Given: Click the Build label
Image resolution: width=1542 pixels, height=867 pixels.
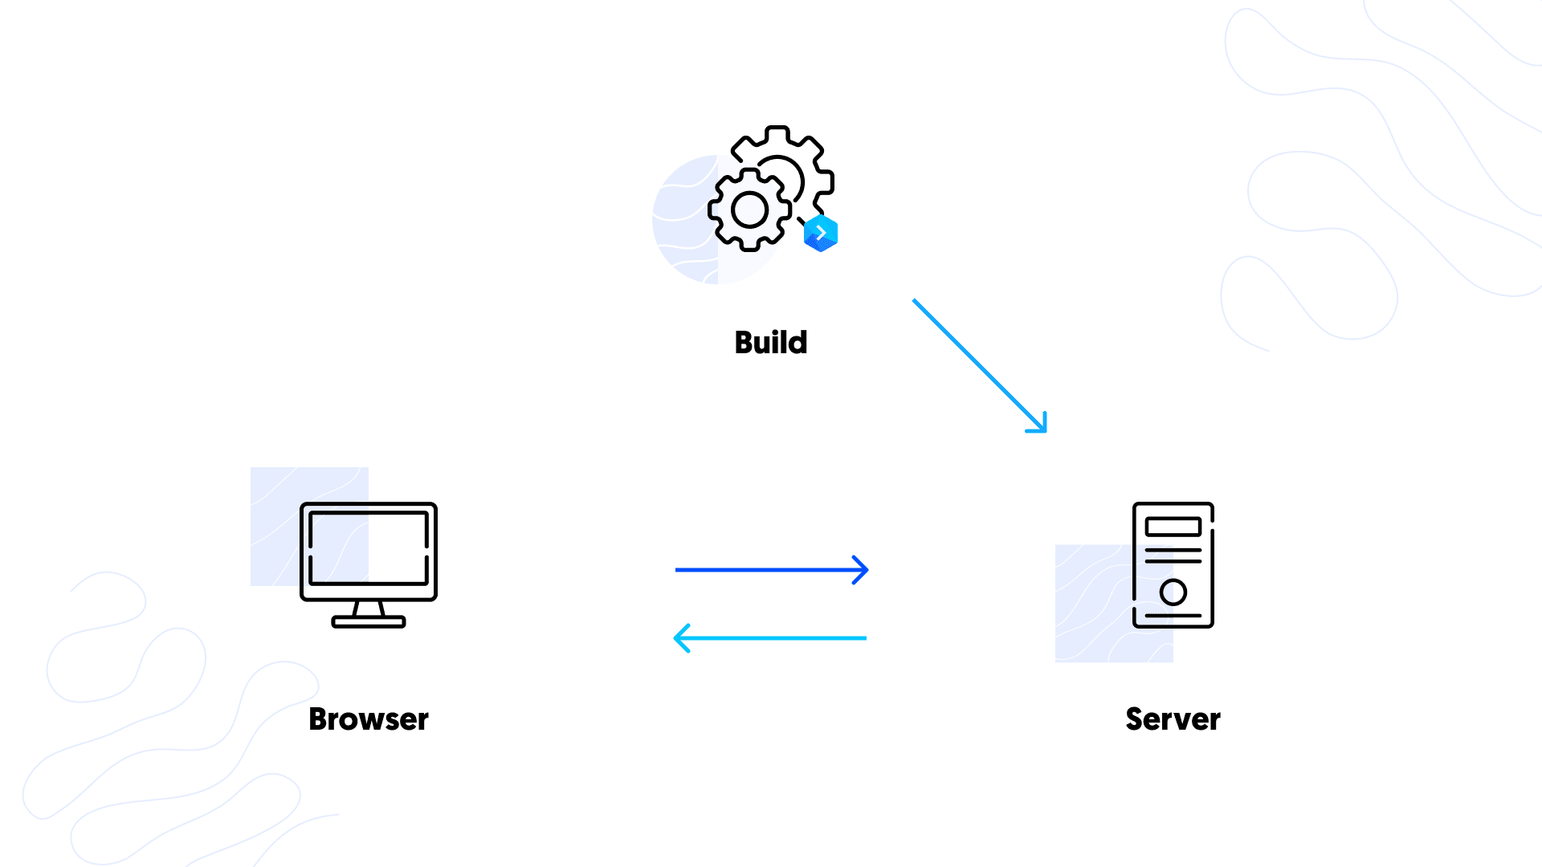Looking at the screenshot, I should click(x=770, y=343).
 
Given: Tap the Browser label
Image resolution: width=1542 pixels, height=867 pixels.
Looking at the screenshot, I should click(x=368, y=719).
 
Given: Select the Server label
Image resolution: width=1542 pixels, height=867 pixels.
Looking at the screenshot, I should click(x=1173, y=719).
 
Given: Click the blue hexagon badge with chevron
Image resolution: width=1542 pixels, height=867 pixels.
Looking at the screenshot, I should click(x=821, y=234).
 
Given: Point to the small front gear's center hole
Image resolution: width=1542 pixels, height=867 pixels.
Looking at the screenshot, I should click(x=750, y=210).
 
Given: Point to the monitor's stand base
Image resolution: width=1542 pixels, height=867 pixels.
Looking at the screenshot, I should click(x=369, y=621).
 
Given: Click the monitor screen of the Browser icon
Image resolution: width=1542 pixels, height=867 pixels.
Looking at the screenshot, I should click(x=369, y=548).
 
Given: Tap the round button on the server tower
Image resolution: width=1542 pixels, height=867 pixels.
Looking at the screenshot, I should click(x=1173, y=592).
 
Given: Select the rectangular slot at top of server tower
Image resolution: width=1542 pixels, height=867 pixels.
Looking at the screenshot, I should click(x=1173, y=527).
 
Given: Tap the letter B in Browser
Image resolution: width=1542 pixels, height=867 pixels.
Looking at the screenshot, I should click(x=319, y=719).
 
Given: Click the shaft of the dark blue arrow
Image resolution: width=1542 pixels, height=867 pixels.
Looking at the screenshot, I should click(x=763, y=570).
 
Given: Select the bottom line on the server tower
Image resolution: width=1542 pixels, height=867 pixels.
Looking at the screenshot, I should click(x=1173, y=616).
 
